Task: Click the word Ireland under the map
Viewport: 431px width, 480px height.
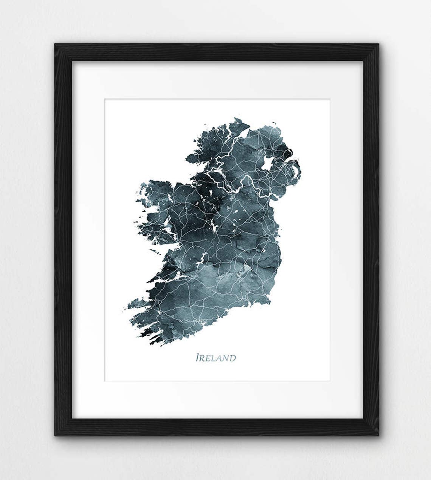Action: pos(215,358)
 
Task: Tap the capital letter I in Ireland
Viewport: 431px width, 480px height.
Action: pos(197,358)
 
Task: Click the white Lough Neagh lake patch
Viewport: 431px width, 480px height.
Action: pos(267,163)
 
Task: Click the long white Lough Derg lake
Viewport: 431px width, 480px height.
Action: pos(202,260)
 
